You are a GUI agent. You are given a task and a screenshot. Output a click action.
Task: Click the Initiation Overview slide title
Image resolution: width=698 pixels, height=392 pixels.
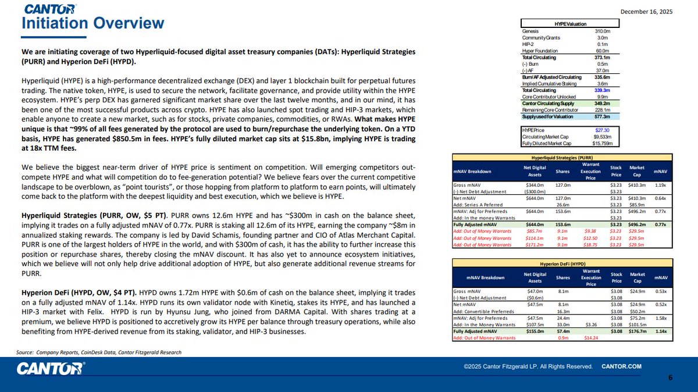(93, 23)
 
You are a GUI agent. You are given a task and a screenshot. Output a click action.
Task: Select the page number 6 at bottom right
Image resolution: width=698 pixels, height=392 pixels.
(671, 377)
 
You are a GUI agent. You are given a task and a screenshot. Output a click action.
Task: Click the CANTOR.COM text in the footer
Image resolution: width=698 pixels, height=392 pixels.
(621, 366)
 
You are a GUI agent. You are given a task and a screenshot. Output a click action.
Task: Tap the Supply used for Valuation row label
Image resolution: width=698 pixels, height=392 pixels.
(547, 116)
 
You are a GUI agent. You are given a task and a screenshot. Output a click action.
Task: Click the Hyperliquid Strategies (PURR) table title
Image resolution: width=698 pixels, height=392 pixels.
(562, 157)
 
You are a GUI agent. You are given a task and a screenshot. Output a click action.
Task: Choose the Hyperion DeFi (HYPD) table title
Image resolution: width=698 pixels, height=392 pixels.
(562, 263)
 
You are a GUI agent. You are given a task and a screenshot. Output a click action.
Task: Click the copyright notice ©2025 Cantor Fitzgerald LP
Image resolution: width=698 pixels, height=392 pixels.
(528, 366)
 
